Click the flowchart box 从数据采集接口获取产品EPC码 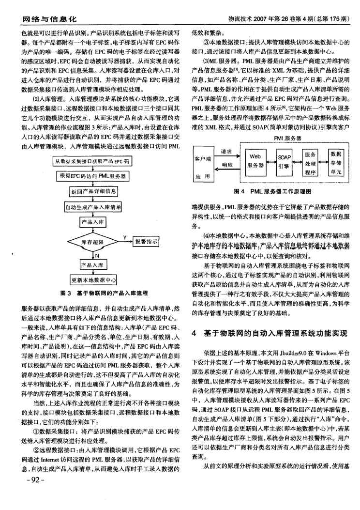92,160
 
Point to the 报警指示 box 147,241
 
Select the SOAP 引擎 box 283,161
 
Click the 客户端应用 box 203,167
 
